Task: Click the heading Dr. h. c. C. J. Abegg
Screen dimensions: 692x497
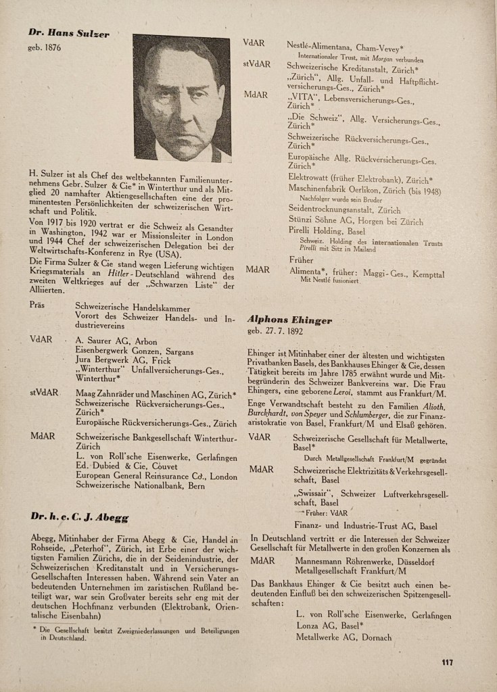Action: pos(80,518)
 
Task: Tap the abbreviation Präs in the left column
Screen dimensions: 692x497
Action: pos(37,305)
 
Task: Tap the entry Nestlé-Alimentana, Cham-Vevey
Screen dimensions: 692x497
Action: pos(345,45)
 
